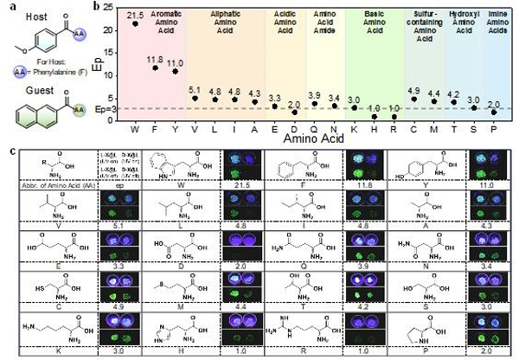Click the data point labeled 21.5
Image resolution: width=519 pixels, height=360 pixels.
pyautogui.click(x=135, y=24)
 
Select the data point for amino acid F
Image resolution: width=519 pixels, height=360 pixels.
pyautogui.click(x=155, y=67)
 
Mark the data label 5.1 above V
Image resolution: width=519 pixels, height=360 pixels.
pyautogui.click(x=195, y=88)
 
